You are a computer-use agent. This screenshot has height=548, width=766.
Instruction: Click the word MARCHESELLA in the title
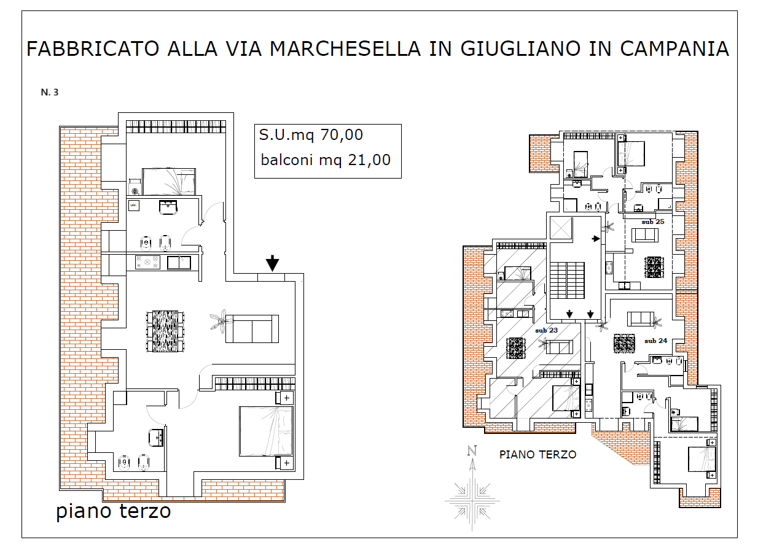pos(345,48)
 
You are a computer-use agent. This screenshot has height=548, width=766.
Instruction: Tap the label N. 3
pos(50,92)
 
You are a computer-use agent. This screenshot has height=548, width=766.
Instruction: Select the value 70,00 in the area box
pos(342,134)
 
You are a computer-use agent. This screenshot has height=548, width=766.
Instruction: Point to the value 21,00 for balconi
pos(369,160)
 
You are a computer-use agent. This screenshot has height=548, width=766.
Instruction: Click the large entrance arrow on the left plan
pos(272,263)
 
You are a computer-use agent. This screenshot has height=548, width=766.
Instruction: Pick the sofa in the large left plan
pos(252,329)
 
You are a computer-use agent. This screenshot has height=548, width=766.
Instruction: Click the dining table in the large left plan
pos(165,331)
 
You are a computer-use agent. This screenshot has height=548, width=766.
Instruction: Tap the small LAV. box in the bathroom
pos(134,206)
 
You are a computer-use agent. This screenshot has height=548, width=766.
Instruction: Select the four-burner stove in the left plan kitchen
pos(147,263)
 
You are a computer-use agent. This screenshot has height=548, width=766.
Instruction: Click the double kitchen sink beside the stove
pos(179,263)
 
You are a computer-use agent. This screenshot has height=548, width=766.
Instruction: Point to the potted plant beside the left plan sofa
pos(219,321)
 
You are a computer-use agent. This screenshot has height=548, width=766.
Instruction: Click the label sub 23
pos(547,330)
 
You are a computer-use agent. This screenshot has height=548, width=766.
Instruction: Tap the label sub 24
pos(655,341)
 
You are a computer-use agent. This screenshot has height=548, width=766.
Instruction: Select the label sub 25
pos(653,222)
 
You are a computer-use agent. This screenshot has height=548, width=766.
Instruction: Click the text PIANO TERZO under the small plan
pos(538,454)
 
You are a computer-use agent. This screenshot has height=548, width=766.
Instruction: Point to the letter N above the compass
pos(472,451)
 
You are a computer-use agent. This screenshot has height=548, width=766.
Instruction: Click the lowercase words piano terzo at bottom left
pos(113,512)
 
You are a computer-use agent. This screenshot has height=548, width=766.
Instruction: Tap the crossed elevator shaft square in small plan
pos(561,228)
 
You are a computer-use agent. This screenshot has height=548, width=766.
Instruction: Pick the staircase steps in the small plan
pos(567,280)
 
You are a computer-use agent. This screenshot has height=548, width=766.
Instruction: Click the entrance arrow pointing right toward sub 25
pos(596,239)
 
